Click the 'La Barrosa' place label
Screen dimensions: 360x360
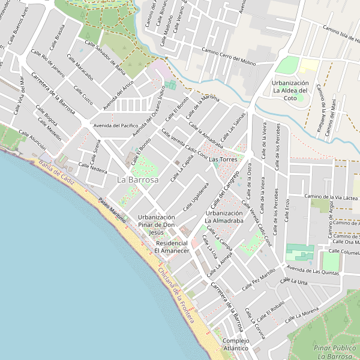[138, 179]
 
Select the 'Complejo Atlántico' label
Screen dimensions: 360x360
[235, 344]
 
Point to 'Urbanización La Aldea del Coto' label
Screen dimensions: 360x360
[290, 91]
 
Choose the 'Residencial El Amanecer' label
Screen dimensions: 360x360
[172, 247]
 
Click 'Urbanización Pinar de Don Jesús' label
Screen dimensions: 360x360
[156, 224]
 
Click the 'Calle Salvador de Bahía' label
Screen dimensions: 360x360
[104, 58]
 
